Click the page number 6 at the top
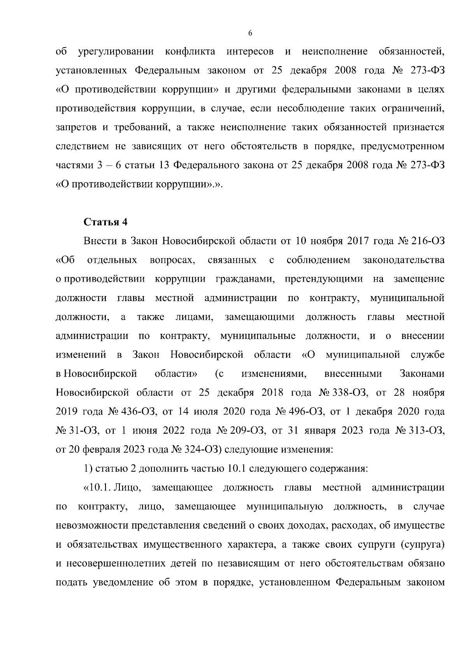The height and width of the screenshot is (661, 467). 250,33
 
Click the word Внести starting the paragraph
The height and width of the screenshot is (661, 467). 100,241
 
